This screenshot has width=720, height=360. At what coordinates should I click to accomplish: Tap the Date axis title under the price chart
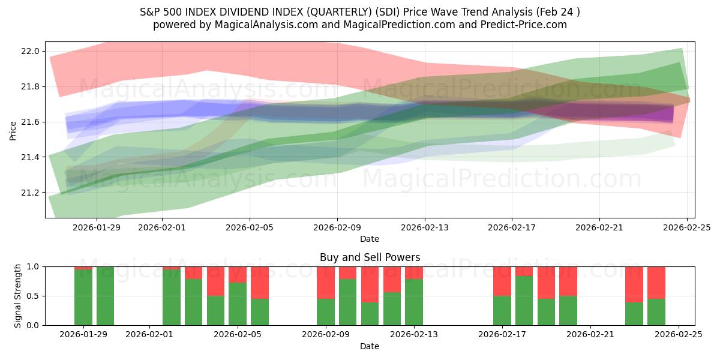coord(370,239)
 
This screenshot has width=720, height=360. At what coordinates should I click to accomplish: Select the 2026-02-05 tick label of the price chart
coord(250,227)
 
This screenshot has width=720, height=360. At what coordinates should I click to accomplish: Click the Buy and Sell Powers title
coord(370,257)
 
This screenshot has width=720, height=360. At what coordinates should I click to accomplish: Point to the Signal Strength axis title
coord(18,296)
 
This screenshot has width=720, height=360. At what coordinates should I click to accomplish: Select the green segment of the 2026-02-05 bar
coord(238,304)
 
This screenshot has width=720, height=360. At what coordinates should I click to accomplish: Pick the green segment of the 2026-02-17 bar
coord(502,311)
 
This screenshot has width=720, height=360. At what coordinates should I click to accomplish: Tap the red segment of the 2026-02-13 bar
coord(414,272)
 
